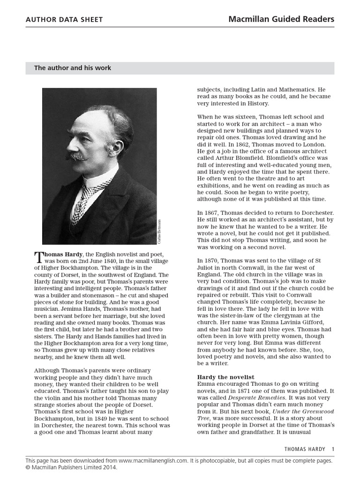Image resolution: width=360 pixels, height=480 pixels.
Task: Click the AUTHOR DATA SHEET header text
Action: (64, 20)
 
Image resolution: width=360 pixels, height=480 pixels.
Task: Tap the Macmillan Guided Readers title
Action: (281, 19)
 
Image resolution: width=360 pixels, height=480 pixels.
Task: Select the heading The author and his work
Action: (72, 68)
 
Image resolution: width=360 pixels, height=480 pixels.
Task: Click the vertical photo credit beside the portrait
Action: (159, 231)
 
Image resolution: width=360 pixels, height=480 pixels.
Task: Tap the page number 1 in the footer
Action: (333, 449)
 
